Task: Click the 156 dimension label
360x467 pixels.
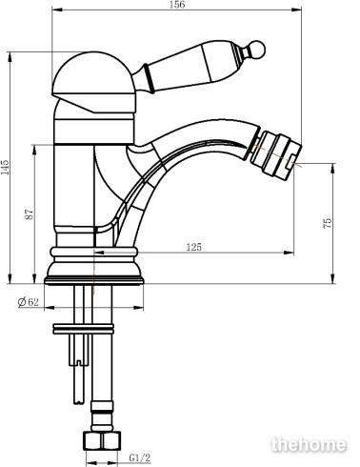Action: click(177, 5)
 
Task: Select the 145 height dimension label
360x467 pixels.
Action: click(6, 167)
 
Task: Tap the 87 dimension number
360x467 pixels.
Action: click(29, 213)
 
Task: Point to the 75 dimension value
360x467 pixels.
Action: click(328, 222)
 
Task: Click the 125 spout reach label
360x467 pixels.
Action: click(193, 247)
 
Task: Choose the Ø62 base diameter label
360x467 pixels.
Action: click(29, 301)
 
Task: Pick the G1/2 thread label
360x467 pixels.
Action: click(140, 457)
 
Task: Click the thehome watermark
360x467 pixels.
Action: click(309, 444)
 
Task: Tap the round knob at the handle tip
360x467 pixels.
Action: click(256, 50)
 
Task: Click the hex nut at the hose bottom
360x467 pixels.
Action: click(102, 440)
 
